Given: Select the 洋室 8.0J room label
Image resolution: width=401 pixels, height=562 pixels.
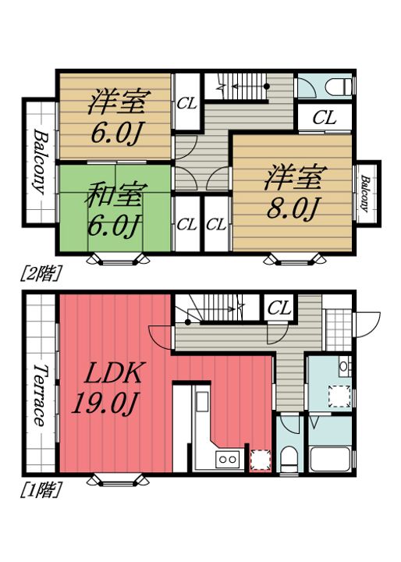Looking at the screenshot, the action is click(294, 192).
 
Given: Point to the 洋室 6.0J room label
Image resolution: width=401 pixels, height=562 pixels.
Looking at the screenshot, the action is click(117, 116).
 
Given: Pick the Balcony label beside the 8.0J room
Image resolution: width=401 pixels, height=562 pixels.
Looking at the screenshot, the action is click(365, 194).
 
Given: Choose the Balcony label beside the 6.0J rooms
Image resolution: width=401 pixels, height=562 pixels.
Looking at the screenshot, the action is click(40, 162).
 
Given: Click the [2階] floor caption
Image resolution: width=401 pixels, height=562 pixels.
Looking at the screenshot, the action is click(40, 273).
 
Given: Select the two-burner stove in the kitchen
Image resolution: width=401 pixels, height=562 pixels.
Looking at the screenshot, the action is click(227, 459).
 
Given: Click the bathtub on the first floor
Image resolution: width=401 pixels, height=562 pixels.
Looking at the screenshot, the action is click(329, 459).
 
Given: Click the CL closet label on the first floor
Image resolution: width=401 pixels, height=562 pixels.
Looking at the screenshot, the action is click(279, 308).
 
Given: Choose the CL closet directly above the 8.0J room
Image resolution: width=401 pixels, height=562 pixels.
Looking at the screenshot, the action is click(324, 118).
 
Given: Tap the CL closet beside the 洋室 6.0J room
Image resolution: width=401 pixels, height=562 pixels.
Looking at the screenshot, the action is click(187, 104).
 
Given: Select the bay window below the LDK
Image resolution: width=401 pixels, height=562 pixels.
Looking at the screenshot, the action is click(118, 479).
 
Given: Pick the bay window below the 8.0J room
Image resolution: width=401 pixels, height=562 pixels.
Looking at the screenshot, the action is click(295, 259).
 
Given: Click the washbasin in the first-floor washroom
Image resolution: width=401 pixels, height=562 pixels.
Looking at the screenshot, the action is click(343, 366).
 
